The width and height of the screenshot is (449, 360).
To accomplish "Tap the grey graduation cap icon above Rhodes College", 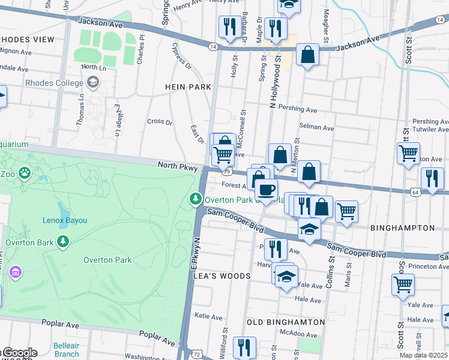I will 92,82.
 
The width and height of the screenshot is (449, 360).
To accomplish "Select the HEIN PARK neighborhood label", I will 188,87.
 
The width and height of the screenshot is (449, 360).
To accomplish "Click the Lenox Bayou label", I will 65,220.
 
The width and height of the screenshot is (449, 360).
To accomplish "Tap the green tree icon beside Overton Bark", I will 63,242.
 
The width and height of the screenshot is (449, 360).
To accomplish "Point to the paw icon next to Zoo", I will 24,173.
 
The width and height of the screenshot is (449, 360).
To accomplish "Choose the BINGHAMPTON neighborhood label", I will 402,228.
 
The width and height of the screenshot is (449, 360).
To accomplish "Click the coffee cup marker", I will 266,190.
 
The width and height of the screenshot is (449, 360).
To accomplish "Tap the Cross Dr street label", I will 159,121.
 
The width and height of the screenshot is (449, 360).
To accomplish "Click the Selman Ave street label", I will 316,128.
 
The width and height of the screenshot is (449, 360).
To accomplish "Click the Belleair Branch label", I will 66,350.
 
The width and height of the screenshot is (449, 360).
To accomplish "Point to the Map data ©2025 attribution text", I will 423,355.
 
